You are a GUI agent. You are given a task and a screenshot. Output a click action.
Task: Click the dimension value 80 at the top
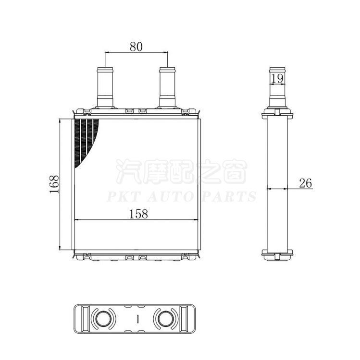[136, 47]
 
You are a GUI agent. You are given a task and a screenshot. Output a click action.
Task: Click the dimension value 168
[54, 184]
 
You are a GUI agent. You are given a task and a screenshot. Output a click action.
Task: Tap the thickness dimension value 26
[305, 183]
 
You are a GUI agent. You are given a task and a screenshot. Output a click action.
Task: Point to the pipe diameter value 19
[277, 79]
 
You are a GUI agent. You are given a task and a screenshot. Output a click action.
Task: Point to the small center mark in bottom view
[137, 318]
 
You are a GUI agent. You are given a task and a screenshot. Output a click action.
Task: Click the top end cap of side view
[277, 115]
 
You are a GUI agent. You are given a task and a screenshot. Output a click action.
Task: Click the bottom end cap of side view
[277, 253]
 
